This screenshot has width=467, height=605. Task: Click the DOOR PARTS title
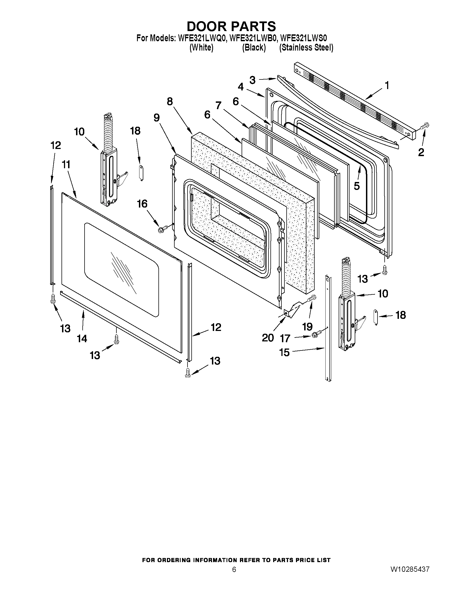click(231, 26)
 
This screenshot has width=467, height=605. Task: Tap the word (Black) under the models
click(254, 48)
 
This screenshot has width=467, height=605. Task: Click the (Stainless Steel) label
click(306, 48)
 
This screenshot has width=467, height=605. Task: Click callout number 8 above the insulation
click(170, 102)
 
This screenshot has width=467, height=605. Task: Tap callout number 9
click(156, 118)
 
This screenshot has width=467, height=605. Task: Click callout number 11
click(66, 165)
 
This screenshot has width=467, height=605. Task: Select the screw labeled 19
click(312, 299)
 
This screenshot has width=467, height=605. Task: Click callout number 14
click(82, 339)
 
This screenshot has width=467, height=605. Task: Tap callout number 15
click(284, 352)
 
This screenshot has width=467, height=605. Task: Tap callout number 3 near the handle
click(252, 80)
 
